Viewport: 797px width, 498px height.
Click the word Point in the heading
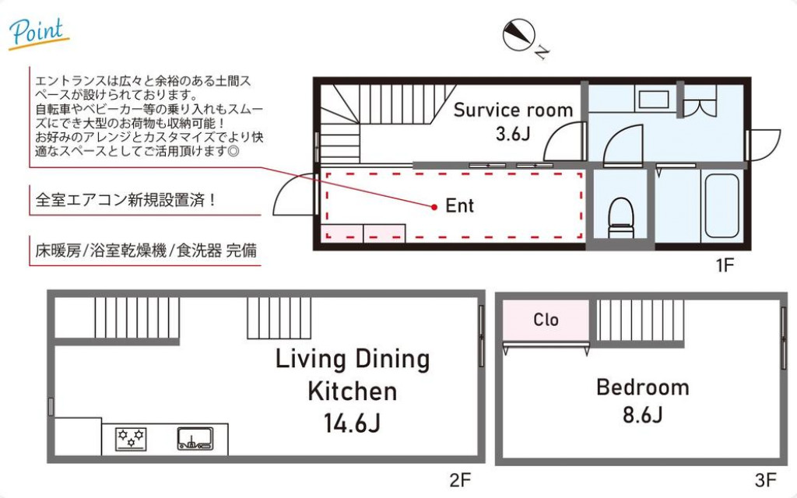click(x=36, y=31)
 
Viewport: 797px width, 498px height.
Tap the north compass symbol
click(x=518, y=36)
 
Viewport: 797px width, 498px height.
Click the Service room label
click(x=513, y=110)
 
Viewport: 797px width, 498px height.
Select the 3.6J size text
click(x=513, y=133)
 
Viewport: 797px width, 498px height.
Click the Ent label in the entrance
click(x=459, y=206)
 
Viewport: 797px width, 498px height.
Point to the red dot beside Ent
click(x=434, y=206)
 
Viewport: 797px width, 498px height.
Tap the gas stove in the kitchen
click(x=131, y=438)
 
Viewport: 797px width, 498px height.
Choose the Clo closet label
click(x=546, y=320)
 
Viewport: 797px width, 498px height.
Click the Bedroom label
click(x=642, y=387)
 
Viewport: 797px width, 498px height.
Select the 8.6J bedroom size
click(x=642, y=414)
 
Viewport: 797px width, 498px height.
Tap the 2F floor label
click(x=460, y=479)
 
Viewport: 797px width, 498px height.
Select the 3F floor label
click(x=765, y=479)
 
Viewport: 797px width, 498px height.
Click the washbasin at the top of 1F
click(x=649, y=99)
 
